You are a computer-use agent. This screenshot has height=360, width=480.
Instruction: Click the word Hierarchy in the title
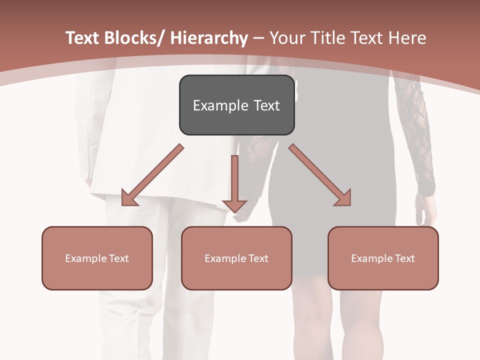[x=209, y=38]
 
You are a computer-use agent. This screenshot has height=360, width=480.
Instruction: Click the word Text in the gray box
[x=266, y=105]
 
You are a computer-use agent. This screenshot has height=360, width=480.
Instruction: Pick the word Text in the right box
[x=404, y=258]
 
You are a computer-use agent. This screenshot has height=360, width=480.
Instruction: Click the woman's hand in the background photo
[x=423, y=210]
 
